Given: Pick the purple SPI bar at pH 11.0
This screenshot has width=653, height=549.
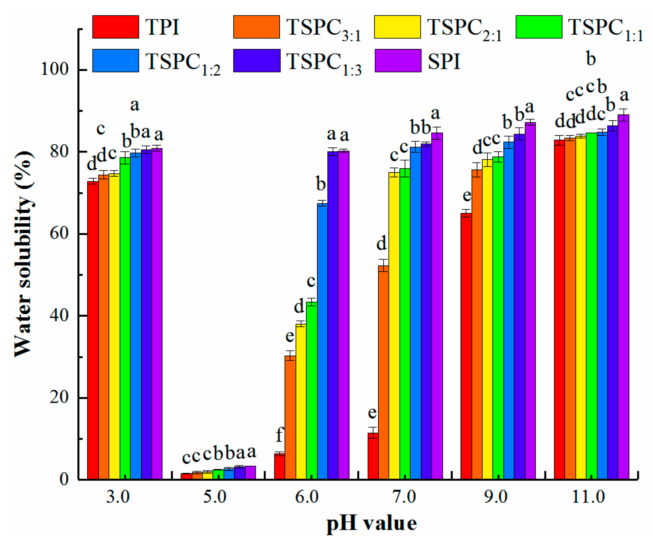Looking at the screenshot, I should pyautogui.click(x=623, y=297).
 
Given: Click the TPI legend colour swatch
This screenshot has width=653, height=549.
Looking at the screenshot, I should pyautogui.click(x=115, y=27).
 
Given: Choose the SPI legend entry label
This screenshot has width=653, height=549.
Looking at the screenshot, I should pyautogui.click(x=444, y=62).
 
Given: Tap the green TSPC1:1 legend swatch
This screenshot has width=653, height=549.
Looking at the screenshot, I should pyautogui.click(x=539, y=27).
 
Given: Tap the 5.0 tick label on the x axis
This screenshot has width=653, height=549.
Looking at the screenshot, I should pyautogui.click(x=215, y=496).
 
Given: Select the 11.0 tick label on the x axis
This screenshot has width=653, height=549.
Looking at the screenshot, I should pyautogui.click(x=588, y=496).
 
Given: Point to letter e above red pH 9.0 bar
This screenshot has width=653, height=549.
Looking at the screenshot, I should pyautogui.click(x=467, y=196).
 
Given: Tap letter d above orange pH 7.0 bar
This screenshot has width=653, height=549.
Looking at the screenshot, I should pyautogui.click(x=382, y=243).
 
